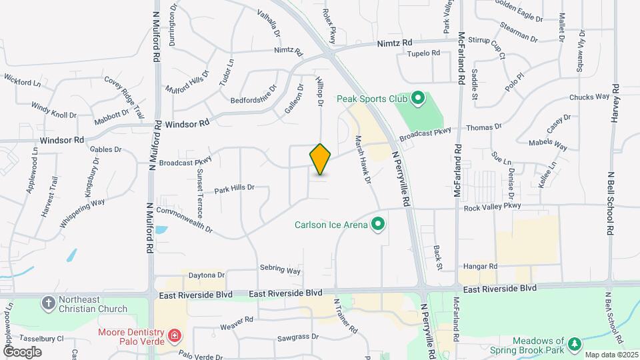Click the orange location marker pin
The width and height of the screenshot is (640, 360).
tap(321, 159)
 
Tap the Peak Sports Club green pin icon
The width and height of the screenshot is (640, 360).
tap(418, 99)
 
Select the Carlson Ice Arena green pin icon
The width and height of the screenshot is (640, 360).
tap(379, 224)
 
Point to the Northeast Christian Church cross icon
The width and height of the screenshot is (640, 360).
tap(48, 303)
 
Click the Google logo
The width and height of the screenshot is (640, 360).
tap(22, 351)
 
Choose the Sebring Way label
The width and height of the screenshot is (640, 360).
tap(280, 270)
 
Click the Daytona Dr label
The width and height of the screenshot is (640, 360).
tap(207, 275)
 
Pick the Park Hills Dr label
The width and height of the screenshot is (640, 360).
tap(234, 189)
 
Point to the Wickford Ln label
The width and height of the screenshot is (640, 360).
tap(22, 81)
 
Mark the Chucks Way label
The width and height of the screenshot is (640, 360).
tap(589, 97)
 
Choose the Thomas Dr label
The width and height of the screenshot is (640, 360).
tap(484, 127)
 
